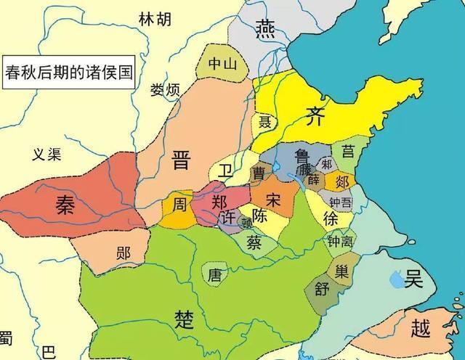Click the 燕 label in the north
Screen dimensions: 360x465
click(x=264, y=28)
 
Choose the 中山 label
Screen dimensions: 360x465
click(x=222, y=64)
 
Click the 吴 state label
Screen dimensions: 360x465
click(x=414, y=279)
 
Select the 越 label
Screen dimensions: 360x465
click(x=420, y=329)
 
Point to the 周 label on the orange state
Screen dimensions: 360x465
click(x=179, y=204)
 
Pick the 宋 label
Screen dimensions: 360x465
click(x=274, y=198)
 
